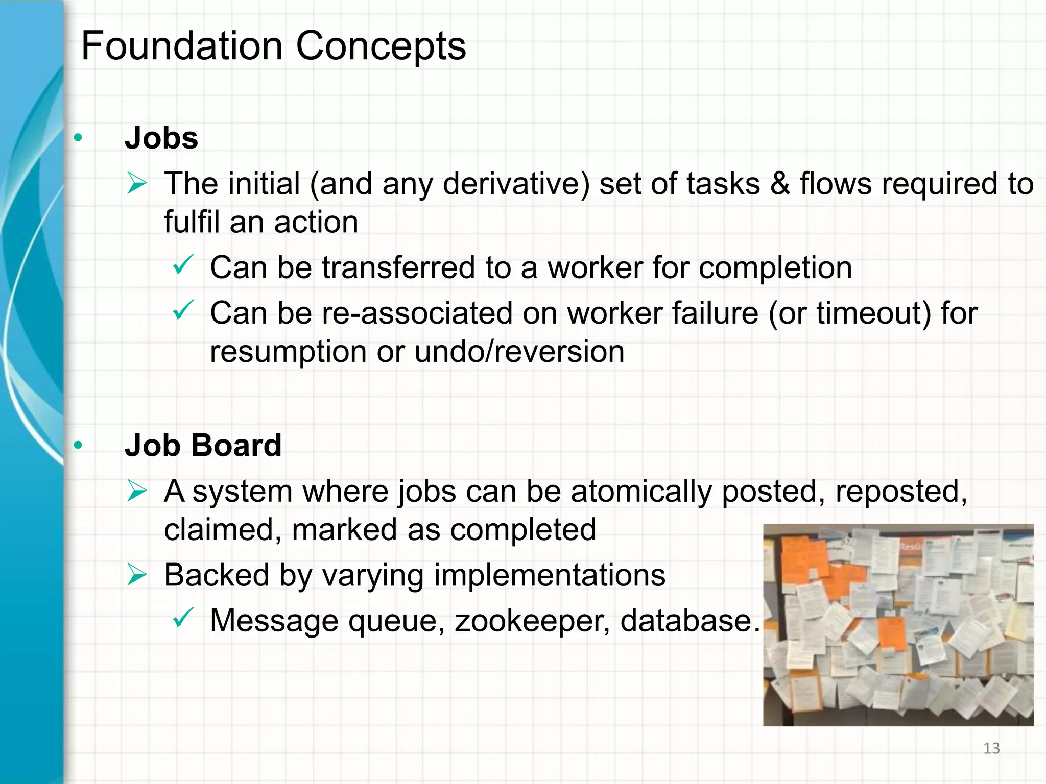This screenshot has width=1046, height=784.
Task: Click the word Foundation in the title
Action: coord(182,46)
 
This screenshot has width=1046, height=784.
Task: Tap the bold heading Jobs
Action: coord(161,138)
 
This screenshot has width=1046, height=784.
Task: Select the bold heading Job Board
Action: coord(203,445)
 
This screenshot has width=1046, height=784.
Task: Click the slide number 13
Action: coord(991,748)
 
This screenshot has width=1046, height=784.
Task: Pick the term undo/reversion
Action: coord(519,352)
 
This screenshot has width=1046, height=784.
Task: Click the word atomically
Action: coord(641,492)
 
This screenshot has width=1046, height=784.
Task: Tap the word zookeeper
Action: coord(532,621)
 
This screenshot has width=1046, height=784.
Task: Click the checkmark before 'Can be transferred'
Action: coord(182,264)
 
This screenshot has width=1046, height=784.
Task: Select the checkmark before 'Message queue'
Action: coord(182,617)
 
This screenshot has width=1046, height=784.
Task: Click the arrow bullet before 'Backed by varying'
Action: coord(137,575)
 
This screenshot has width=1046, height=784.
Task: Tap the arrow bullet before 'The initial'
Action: coord(137,184)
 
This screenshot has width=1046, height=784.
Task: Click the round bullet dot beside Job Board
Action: coord(78,446)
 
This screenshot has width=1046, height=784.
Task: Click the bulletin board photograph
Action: coord(898,625)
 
